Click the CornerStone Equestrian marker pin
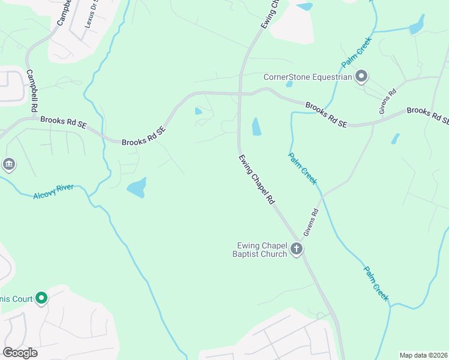tap(361, 76)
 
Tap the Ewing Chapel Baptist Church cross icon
tap(296, 249)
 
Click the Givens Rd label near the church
tap(311, 222)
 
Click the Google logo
tap(20, 353)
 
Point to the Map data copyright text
tap(423, 355)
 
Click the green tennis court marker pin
tap(41, 298)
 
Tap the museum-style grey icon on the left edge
tap(8, 164)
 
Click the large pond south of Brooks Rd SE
tap(137, 188)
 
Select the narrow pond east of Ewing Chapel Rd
tap(256, 126)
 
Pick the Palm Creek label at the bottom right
tap(376, 283)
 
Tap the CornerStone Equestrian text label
tap(307, 77)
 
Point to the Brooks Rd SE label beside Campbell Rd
tap(64, 122)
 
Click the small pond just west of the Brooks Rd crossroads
tap(199, 110)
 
